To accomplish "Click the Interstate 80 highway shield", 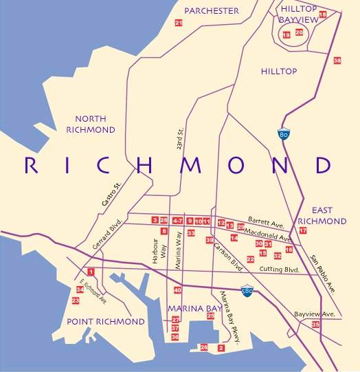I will coord(283,135).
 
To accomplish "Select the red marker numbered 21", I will coord(179,23).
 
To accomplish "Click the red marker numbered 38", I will coord(337,61).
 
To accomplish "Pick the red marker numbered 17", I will coord(302,230).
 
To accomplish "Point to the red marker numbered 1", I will coord(91,273).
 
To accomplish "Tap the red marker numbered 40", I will coord(177,290).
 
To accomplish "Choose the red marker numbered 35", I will coord(315,324).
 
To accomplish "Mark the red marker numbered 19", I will coord(286,34).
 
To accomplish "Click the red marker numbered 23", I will coord(76,300).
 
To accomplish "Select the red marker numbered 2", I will coord(221,348).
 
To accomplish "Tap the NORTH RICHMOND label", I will coord(95,124).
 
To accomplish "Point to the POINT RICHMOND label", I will coord(106,322).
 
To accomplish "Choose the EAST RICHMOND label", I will coord(329,217).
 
